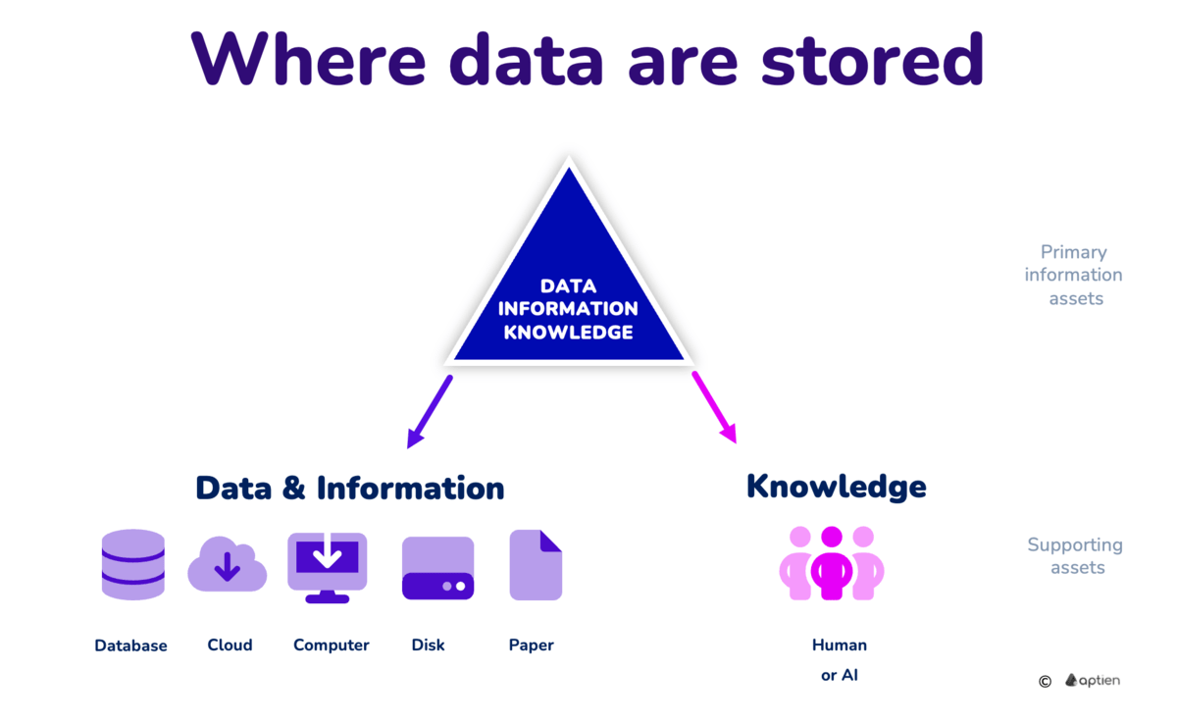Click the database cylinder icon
coord(132,564)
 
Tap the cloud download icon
coord(227,564)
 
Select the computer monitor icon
coord(327,566)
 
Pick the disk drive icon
coord(437,568)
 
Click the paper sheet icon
coord(536,565)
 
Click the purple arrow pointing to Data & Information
coord(430,411)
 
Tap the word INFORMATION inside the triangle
coord(568,309)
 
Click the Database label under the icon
coord(130,646)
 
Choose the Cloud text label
coord(230,645)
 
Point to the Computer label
coord(331,645)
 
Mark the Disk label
coord(428,645)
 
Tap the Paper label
coord(531,645)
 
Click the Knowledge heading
coord(836,486)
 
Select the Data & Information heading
coord(349,488)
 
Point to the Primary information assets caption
coord(1073,276)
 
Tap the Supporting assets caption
coord(1075,556)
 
